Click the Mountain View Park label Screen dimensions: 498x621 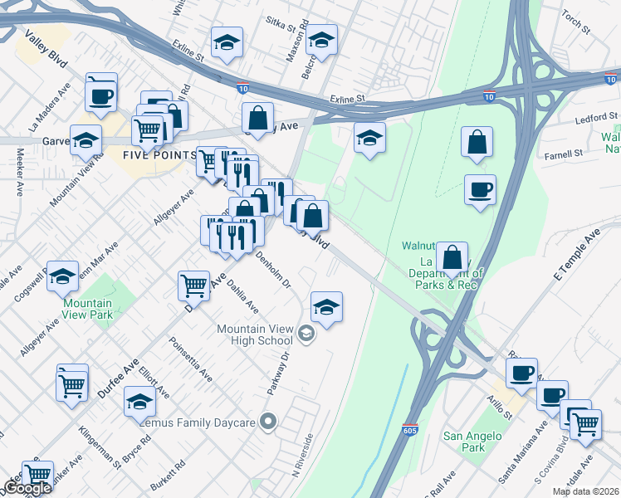[x=87, y=310]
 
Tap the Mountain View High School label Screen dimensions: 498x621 [x=254, y=334]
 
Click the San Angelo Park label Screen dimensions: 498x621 [x=472, y=442]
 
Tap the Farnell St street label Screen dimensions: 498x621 [x=565, y=154]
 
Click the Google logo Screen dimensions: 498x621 [x=27, y=489]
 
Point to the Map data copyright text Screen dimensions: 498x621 [x=585, y=491]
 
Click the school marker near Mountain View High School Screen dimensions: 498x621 [x=327, y=307]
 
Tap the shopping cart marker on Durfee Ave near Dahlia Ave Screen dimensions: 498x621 [x=193, y=286]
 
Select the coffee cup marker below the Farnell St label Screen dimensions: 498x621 [x=480, y=190]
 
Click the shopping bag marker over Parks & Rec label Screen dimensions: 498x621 [x=452, y=258]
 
